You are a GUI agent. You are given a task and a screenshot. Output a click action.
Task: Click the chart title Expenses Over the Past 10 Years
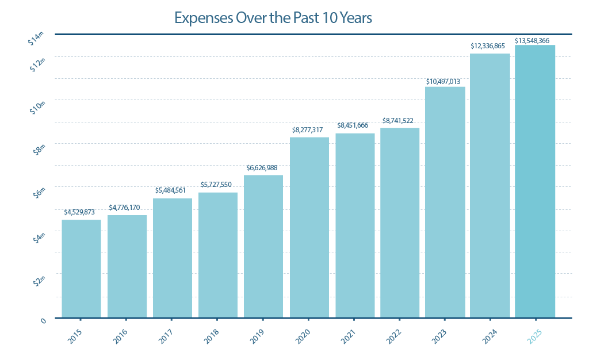[273, 18]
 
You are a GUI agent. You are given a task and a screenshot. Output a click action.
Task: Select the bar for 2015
[81, 268]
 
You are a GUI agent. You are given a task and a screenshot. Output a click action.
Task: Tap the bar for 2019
[263, 246]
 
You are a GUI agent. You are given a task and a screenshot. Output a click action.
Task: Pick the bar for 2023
[445, 202]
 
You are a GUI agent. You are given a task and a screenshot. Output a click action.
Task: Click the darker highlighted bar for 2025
[535, 181]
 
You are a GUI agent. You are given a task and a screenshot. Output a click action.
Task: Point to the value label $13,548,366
[535, 40]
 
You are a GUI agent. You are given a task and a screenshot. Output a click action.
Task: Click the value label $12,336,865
[490, 45]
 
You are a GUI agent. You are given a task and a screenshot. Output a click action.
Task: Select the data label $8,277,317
[309, 131]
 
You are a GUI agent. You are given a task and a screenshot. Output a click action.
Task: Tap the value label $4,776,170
[127, 207]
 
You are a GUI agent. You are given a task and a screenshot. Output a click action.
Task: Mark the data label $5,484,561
[173, 190]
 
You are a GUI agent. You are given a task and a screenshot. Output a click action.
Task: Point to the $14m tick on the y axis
[36, 39]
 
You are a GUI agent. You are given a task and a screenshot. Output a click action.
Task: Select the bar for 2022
[400, 223]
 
